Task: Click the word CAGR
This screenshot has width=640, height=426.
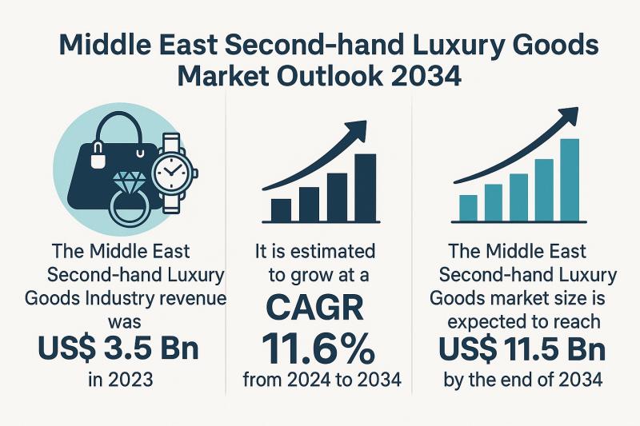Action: pyautogui.click(x=319, y=308)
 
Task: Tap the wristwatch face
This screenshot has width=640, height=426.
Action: pyautogui.click(x=170, y=170)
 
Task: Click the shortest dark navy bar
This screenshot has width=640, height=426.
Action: pyautogui.click(x=282, y=209)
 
